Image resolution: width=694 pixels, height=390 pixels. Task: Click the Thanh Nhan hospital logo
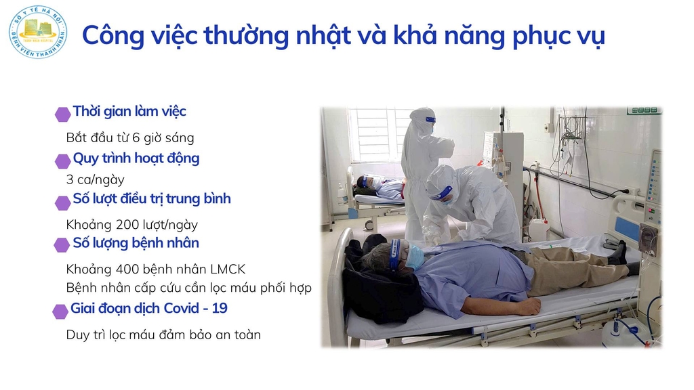(x=38, y=32)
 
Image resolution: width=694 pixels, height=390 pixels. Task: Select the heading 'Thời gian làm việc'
(x=129, y=111)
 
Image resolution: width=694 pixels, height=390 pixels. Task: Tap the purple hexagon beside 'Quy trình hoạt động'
(x=63, y=161)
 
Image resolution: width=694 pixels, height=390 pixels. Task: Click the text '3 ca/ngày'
(x=95, y=179)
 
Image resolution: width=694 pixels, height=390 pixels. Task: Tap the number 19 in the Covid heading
(x=220, y=308)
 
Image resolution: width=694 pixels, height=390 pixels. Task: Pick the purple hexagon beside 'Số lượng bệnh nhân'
(x=62, y=244)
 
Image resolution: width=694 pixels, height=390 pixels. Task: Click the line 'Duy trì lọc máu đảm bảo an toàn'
(x=163, y=334)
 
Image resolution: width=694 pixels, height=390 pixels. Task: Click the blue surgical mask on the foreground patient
(x=415, y=257)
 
